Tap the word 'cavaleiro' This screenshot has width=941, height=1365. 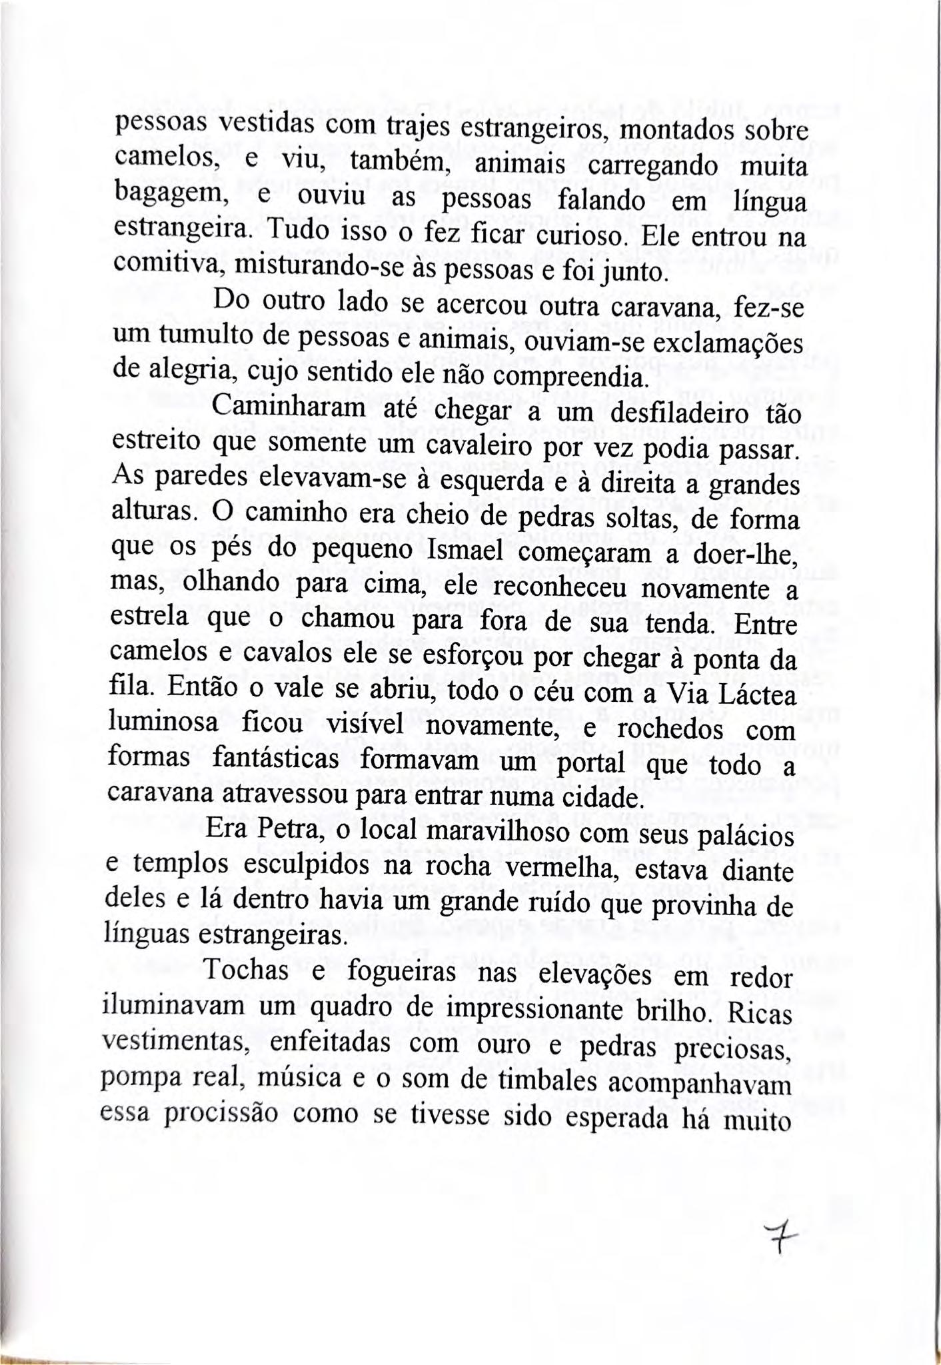click(x=459, y=447)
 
